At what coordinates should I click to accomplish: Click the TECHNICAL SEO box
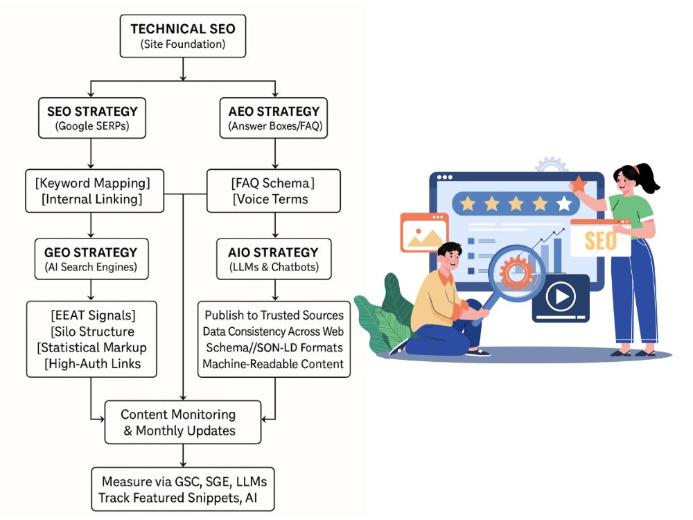coord(183,36)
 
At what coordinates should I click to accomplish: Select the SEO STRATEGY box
coord(92,118)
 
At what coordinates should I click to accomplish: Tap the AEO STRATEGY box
coord(274,118)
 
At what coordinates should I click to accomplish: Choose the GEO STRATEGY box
coord(91,259)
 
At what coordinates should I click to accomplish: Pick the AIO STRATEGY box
coord(274,259)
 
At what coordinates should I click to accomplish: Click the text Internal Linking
coord(92,200)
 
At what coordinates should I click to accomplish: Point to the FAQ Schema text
coord(272,183)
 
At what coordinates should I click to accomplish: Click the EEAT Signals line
coord(93,315)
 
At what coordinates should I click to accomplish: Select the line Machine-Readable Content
coord(273,364)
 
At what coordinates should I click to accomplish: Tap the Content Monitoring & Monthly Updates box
coord(183,422)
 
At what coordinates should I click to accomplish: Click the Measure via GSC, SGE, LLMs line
coord(184,482)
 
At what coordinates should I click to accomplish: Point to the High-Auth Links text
coord(92,364)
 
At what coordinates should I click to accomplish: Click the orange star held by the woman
coord(578,184)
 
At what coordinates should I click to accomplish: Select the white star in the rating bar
coord(564,204)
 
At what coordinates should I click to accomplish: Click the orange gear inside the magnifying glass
coord(516,272)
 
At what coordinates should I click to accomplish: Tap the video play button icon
coord(561,296)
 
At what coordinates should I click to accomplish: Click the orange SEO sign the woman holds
coord(601,239)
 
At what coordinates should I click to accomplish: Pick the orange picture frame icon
coord(424,232)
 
